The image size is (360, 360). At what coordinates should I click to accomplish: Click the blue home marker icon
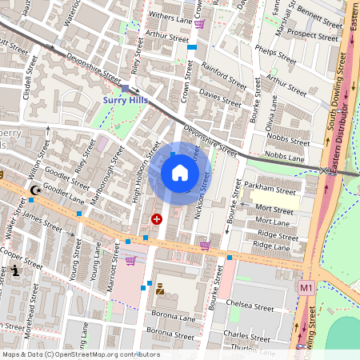click(180, 173)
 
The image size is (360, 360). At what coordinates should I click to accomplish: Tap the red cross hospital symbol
click(156, 218)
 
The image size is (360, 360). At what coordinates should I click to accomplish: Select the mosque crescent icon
click(35, 190)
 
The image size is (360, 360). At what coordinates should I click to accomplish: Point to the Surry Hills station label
click(124, 100)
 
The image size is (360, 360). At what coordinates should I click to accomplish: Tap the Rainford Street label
click(223, 75)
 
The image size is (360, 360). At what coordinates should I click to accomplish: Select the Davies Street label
click(219, 98)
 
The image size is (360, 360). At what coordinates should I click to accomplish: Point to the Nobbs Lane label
click(286, 158)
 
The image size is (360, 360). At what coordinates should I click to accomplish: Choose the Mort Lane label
click(272, 222)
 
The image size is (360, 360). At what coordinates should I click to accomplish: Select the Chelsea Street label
click(251, 306)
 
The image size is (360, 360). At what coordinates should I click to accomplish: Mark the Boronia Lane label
click(171, 318)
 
